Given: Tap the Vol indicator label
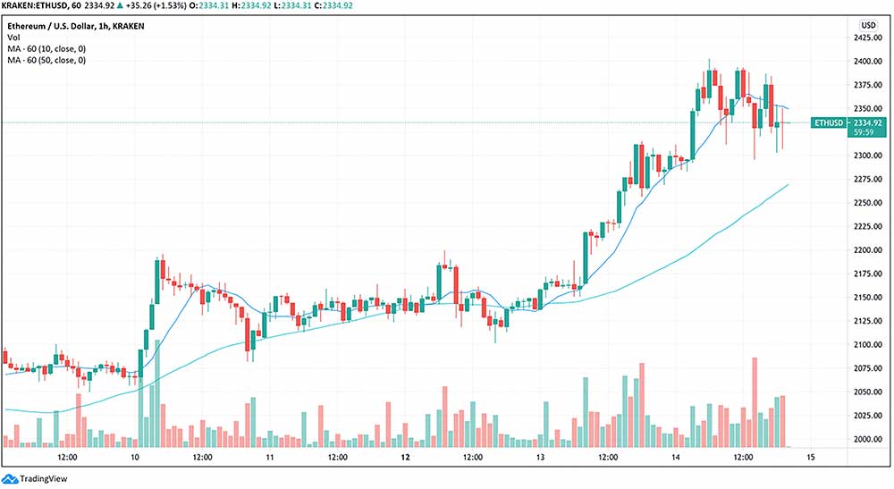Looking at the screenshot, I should (13, 37).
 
